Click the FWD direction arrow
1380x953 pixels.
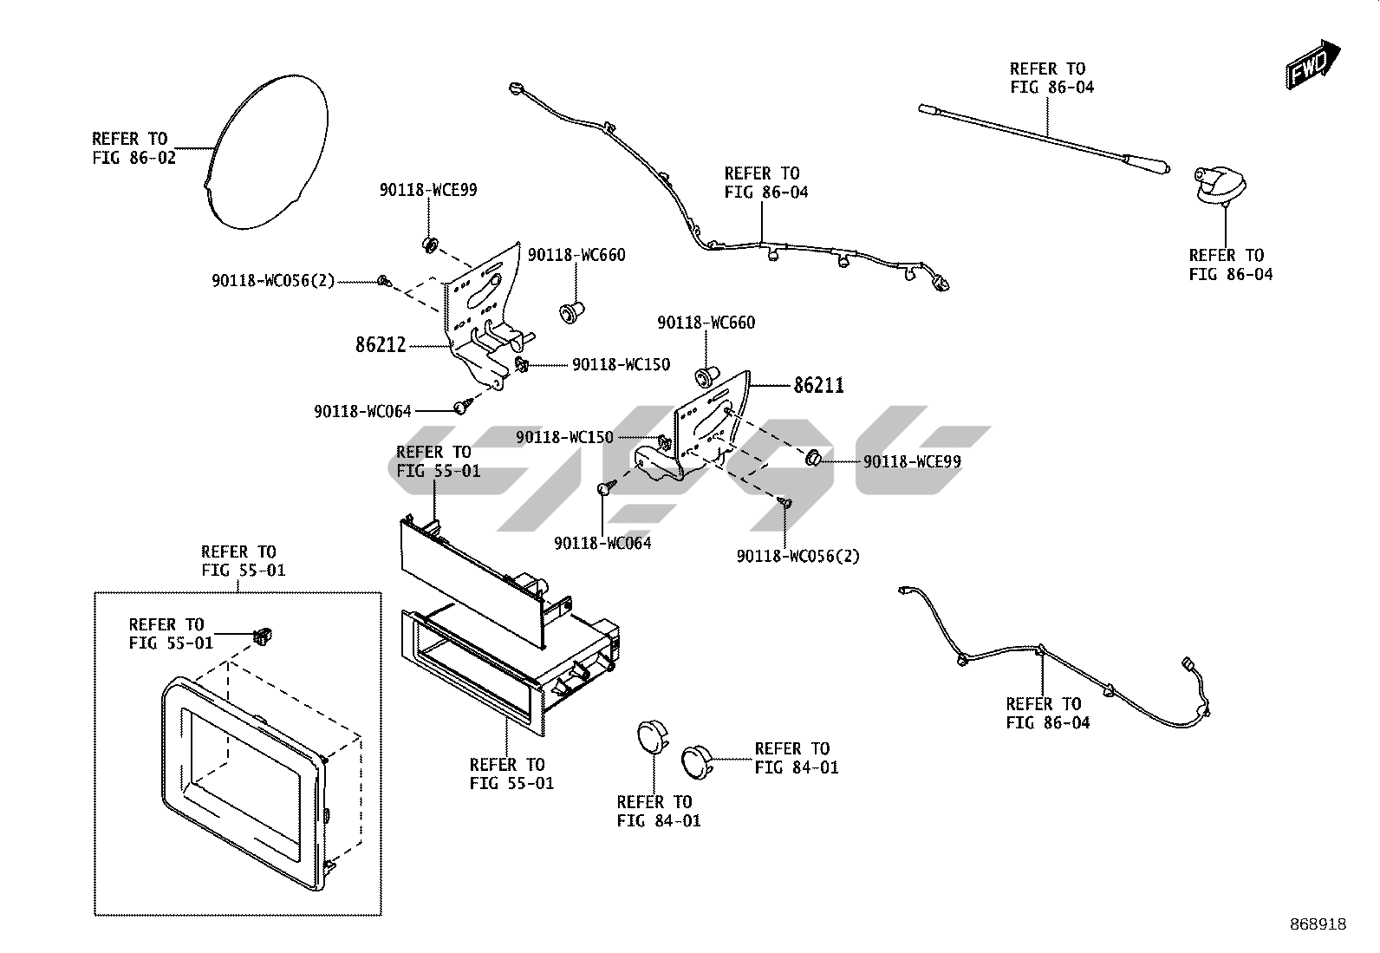[1312, 64]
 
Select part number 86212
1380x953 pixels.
[381, 345]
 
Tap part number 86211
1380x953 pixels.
[818, 385]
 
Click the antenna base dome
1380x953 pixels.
[1220, 186]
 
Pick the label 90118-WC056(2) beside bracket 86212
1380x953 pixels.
[273, 281]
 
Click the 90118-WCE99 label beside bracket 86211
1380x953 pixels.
[912, 461]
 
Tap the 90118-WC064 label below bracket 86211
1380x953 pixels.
[602, 543]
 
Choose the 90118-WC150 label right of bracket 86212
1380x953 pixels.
[621, 365]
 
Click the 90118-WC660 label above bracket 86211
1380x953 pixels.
[706, 323]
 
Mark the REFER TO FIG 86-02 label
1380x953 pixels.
[133, 148]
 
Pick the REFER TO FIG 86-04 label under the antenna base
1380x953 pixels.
[1231, 264]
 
